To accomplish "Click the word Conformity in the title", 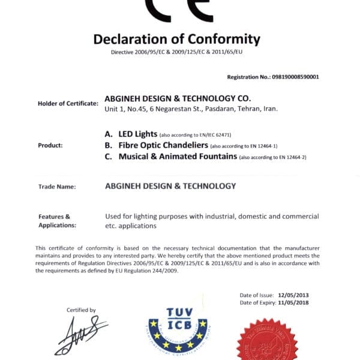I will (219, 40).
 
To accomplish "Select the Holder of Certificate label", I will (68, 103).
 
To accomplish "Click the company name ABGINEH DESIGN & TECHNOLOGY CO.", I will (178, 98).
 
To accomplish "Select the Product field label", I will (50, 145).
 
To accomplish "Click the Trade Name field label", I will (57, 187).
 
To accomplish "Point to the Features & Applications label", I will (57, 221).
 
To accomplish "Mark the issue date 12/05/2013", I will (294, 296).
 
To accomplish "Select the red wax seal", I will (267, 342).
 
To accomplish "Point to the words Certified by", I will (81, 310).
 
